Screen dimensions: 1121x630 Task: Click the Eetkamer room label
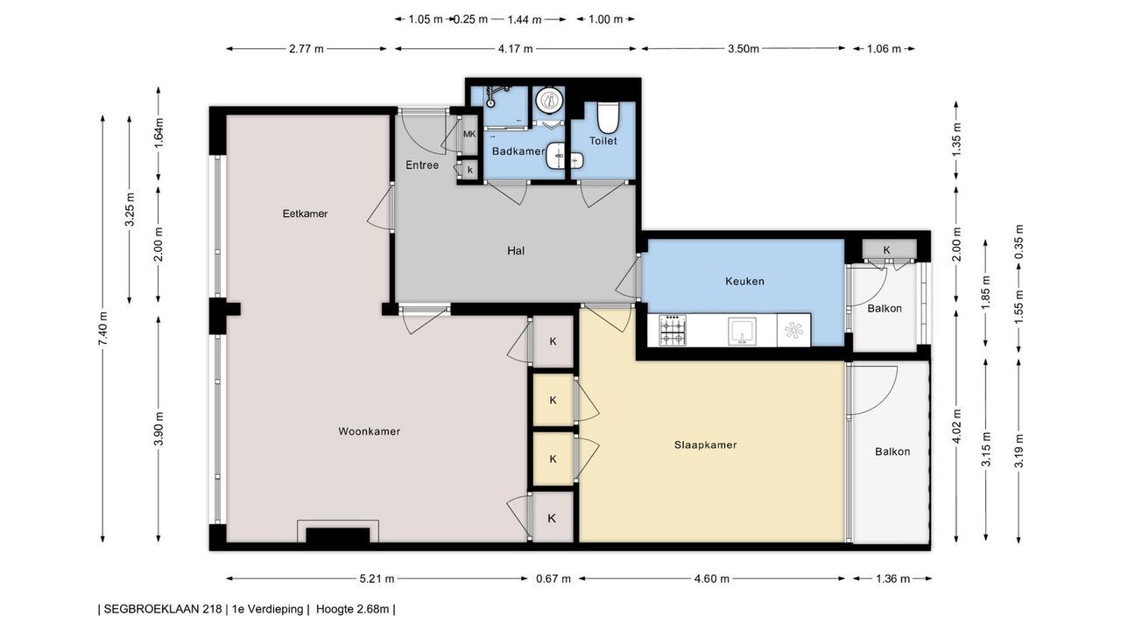click(x=305, y=213)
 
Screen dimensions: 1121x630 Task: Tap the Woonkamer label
click(x=370, y=431)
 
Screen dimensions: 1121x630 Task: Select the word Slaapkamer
click(x=705, y=445)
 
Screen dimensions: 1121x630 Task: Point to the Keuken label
click(x=744, y=282)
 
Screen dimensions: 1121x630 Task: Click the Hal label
click(x=516, y=250)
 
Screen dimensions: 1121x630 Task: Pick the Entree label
click(x=422, y=165)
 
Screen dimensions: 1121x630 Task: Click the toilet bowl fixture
click(x=609, y=116)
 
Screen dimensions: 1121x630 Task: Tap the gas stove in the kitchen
click(x=673, y=330)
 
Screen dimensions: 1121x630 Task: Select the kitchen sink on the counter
click(x=742, y=331)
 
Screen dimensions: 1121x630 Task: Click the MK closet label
click(x=469, y=134)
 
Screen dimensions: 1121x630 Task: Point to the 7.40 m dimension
click(x=102, y=328)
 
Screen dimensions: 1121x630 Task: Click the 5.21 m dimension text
click(x=377, y=579)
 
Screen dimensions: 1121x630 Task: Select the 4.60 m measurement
click(x=712, y=579)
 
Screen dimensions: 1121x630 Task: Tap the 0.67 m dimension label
click(x=553, y=579)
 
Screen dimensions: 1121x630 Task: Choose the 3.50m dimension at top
click(x=744, y=48)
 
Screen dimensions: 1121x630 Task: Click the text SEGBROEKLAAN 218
click(x=163, y=609)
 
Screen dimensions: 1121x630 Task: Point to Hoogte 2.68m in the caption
click(x=352, y=609)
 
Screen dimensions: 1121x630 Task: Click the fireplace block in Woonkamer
click(x=338, y=535)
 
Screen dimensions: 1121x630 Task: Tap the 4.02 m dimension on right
click(x=956, y=426)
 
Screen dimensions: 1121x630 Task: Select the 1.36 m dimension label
click(x=892, y=579)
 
